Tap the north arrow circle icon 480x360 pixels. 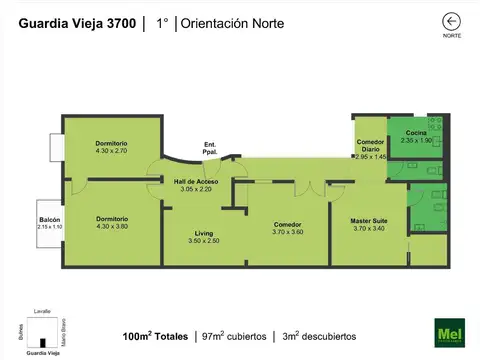coord(452,20)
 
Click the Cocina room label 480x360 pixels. coord(417,133)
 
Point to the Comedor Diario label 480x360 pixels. coord(370,145)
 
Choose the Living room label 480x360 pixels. coord(204,233)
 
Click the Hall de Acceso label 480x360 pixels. coord(196,181)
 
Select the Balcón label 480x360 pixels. coord(50,220)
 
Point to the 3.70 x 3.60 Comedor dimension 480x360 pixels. coord(288,232)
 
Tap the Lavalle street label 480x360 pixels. coord(42,311)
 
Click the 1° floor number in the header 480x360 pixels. coord(161,21)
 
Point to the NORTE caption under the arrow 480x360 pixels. coord(452,36)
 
